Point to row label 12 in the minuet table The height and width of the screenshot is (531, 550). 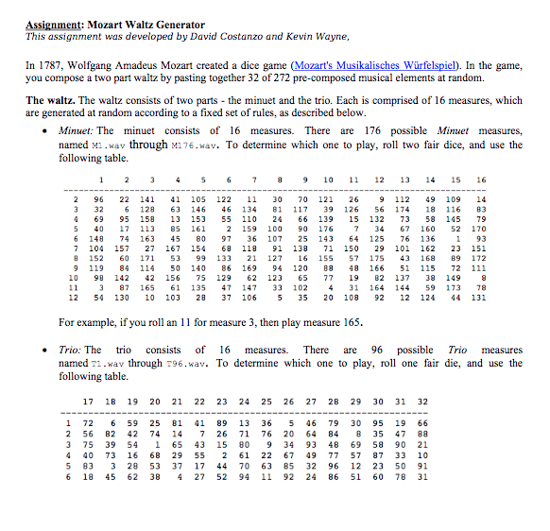(x=74, y=298)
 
